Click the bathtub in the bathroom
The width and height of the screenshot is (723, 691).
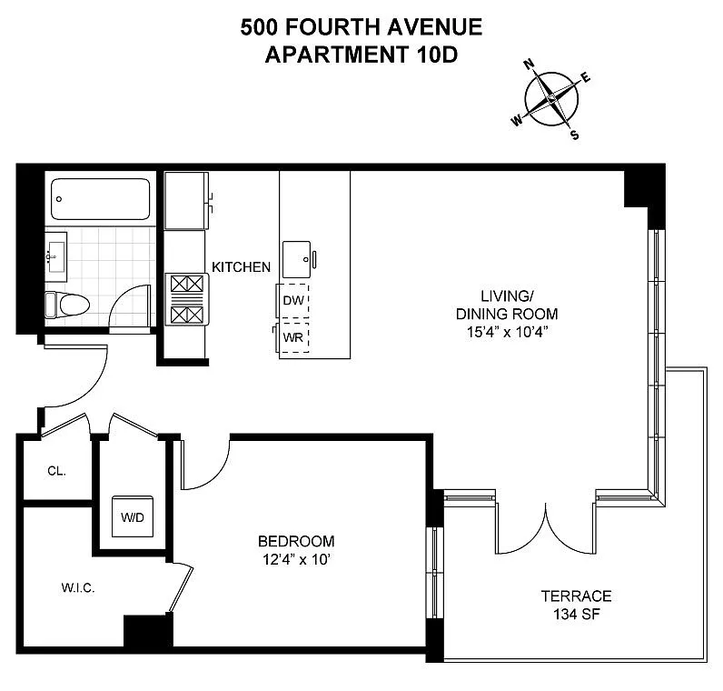(101, 199)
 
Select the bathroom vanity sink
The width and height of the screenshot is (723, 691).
(56, 256)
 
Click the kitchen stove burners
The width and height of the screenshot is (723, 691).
(187, 299)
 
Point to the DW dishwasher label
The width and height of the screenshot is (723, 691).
(293, 301)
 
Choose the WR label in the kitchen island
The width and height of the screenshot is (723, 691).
(293, 338)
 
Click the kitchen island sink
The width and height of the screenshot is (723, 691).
(297, 259)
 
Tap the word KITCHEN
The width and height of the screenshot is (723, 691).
(242, 266)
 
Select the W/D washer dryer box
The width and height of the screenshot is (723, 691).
(133, 516)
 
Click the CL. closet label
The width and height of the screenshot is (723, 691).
(56, 471)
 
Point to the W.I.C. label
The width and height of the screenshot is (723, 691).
(78, 587)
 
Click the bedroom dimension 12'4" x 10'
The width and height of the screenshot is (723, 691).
(296, 559)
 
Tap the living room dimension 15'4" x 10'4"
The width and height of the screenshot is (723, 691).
(507, 332)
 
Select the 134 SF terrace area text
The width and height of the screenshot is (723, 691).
(577, 615)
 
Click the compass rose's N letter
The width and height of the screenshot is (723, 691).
(530, 65)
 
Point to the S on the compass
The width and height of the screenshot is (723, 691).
(575, 135)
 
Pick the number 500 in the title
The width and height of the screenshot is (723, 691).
(259, 26)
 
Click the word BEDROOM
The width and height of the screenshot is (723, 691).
(296, 541)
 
